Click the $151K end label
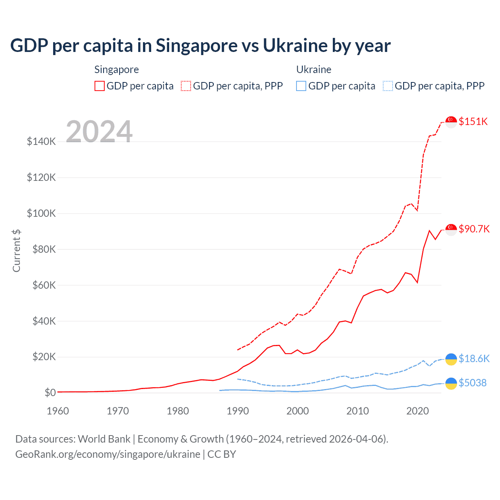(473, 121)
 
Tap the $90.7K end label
(474, 229)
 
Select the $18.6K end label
(474, 359)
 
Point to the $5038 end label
(473, 383)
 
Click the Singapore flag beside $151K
(451, 122)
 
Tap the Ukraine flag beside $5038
(451, 383)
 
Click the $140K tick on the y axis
(41, 141)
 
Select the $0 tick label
(50, 393)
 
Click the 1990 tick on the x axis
(237, 411)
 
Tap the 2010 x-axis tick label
(357, 411)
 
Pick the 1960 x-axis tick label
(58, 411)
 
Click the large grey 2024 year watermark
(99, 131)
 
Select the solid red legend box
(100, 86)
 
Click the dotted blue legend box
(388, 86)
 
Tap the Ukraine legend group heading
(314, 70)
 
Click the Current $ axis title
(16, 251)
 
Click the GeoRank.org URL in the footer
(108, 454)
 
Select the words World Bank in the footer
(104, 439)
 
